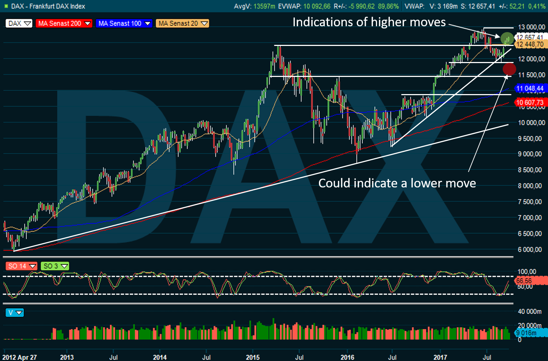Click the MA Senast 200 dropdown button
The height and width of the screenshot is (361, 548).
coord(64,23)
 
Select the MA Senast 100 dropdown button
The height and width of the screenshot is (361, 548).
coord(124,23)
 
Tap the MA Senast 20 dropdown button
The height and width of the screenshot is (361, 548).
coord(183,23)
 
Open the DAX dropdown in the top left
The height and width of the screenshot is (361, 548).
coord(19,23)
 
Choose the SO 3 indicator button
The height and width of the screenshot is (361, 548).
coord(55,266)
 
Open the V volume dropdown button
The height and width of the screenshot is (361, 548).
coord(15,313)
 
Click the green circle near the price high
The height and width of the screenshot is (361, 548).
coord(507,38)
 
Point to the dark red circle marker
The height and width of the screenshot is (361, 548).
coord(509,69)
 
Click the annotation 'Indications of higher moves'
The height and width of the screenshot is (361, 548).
coord(369,22)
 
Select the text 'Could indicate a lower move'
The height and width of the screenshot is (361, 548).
coord(397,183)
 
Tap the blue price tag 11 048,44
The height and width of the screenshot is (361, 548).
coord(530,88)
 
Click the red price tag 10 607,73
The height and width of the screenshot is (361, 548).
coord(530,102)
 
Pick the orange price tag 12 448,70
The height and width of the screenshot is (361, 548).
coord(530,44)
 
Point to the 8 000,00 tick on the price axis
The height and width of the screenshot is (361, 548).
coord(530,186)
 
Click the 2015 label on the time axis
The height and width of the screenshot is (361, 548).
coord(253,357)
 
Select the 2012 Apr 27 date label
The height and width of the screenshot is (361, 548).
coord(20,357)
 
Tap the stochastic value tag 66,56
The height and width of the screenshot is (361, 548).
coord(524,281)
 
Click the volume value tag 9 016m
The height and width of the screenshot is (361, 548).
coord(526,333)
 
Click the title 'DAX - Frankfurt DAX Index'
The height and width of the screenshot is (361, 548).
coord(48,6)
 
